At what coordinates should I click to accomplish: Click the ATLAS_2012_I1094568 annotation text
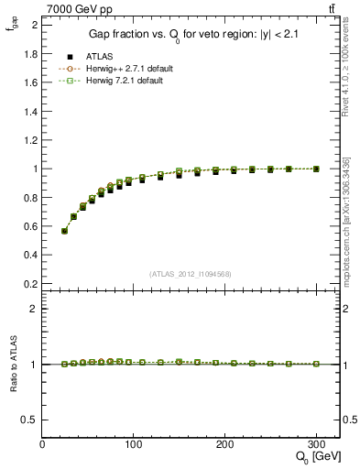[x=191, y=274]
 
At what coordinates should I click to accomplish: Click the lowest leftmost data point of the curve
[x=64, y=231]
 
